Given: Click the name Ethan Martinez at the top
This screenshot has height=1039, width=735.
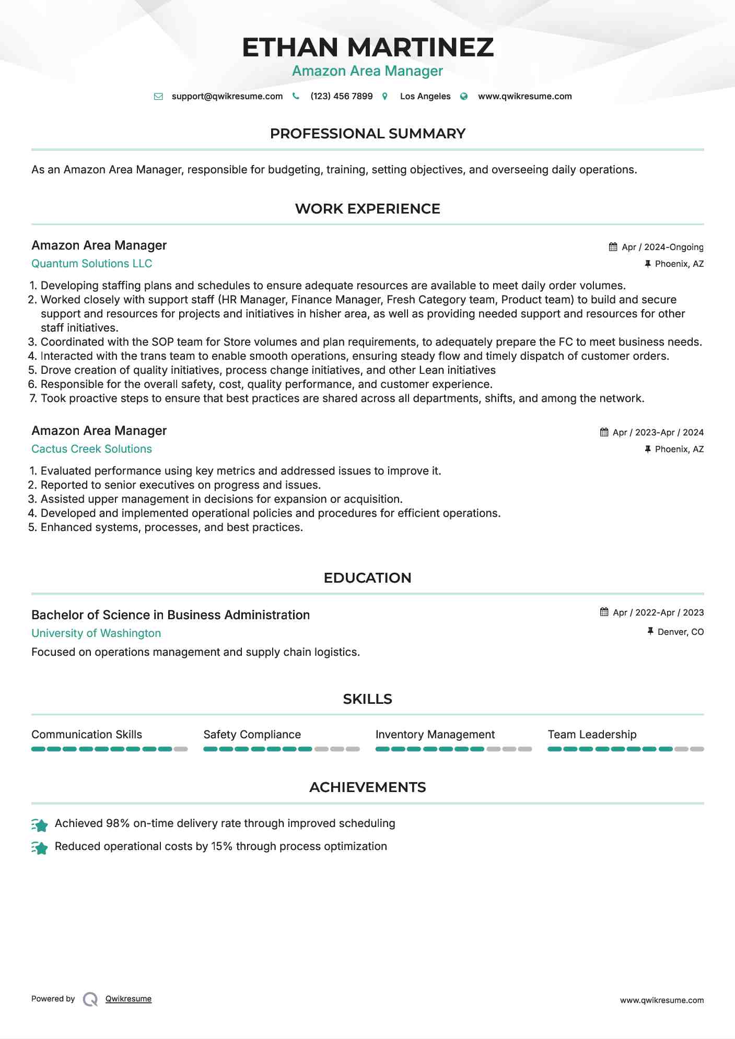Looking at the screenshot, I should pos(367,48).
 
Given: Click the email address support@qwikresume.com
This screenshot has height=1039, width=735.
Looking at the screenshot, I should pos(227,97).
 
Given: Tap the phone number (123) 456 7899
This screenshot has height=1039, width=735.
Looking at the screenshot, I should pos(341,97).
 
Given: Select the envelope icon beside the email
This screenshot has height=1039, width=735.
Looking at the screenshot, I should pos(158,97).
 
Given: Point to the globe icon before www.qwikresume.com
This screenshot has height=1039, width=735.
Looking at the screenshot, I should pos(464,97).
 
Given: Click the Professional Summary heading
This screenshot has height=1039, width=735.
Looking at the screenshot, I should pos(367,134).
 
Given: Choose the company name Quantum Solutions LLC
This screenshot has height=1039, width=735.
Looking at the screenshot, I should pos(92,264).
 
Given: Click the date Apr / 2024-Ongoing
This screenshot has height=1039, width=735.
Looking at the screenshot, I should pos(662,247).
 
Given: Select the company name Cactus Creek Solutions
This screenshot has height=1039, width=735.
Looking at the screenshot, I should pos(92,449).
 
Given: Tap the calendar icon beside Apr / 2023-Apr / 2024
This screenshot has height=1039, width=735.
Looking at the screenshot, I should pos(604,432).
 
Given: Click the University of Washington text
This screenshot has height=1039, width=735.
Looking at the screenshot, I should pos(96,633).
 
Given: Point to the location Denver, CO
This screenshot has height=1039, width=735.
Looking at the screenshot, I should pos(680,632).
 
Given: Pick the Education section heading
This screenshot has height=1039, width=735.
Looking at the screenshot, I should pos(367,578).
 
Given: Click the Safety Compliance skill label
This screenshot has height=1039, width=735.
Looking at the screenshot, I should pos(252,735).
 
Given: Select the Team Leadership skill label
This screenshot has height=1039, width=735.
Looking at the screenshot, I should pos(592,735).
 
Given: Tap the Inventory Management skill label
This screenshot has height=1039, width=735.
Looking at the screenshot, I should pos(435,735).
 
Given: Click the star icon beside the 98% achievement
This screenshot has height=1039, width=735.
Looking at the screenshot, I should pos(40,824).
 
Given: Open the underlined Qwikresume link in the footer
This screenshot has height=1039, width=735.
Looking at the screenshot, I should pos(129,999).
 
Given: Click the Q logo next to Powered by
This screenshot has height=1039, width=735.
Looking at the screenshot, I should pos(90,999).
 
